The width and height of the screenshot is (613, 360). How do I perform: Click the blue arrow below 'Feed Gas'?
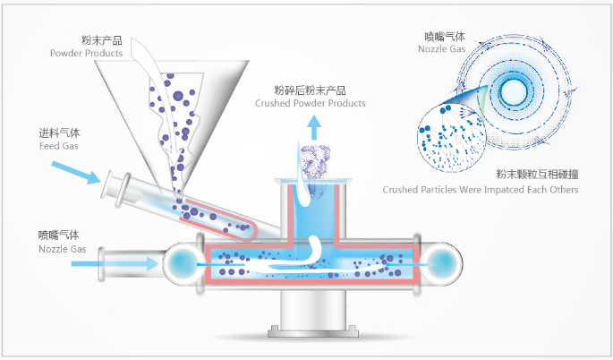pyautogui.click(x=76, y=171)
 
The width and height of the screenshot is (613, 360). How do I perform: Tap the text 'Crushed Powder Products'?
pyautogui.click(x=311, y=103)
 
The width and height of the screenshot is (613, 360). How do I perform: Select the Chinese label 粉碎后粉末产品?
pyautogui.click(x=310, y=90)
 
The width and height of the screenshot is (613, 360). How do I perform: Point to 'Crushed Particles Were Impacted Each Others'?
pyautogui.click(x=481, y=189)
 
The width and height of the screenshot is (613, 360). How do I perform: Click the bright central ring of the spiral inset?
pyautogui.click(x=515, y=90)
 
